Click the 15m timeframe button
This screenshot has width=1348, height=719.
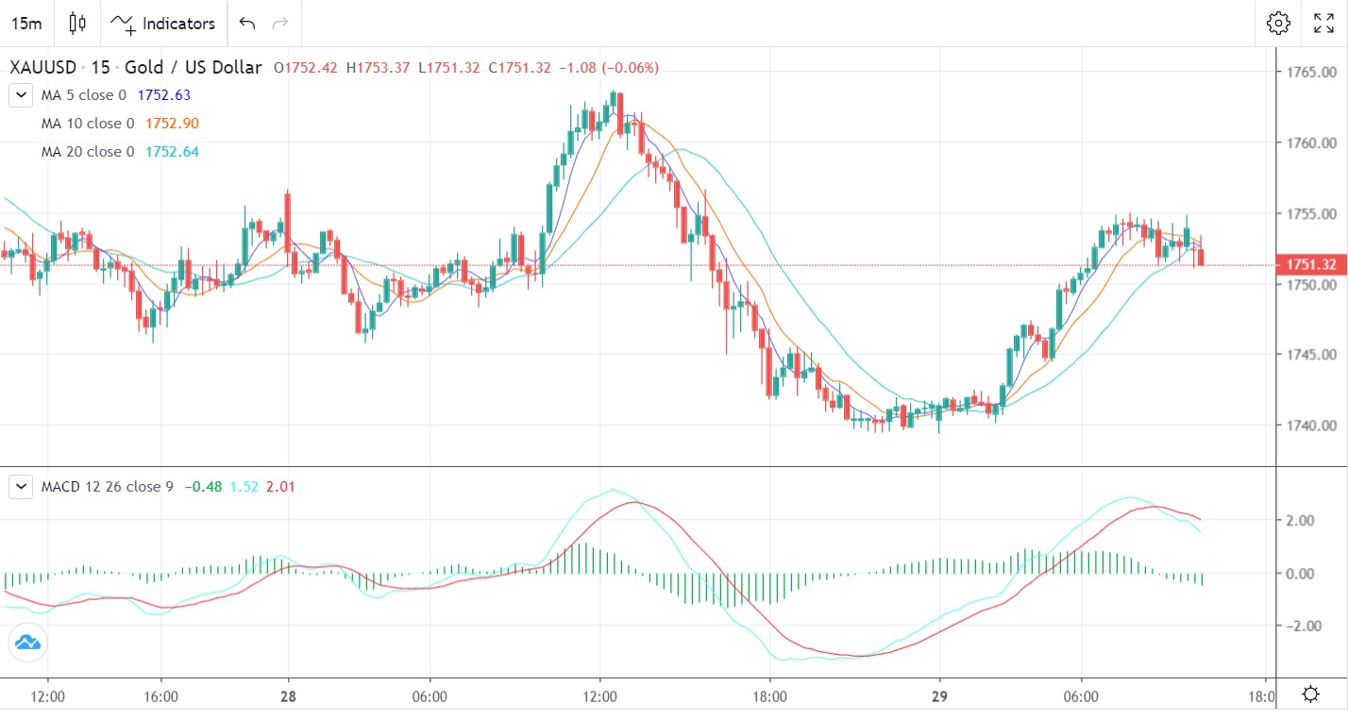coord(26,23)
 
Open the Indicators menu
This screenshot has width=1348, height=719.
coord(162,24)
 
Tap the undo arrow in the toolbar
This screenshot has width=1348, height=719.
coord(247,23)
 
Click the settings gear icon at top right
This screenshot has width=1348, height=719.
coord(1278,24)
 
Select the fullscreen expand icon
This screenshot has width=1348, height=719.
coord(1324,24)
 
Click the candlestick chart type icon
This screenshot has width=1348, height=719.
coord(77,24)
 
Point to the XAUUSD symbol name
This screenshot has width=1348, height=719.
coord(44,68)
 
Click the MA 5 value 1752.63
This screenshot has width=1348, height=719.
coord(164,95)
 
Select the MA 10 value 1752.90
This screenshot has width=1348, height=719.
coord(172,124)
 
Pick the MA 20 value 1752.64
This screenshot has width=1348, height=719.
coord(172,152)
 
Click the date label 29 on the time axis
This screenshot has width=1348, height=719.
coord(939,696)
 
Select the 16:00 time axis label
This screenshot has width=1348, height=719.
coord(161,696)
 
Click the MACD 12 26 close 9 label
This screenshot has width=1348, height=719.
coord(107,487)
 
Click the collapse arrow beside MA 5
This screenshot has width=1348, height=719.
coord(21,95)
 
